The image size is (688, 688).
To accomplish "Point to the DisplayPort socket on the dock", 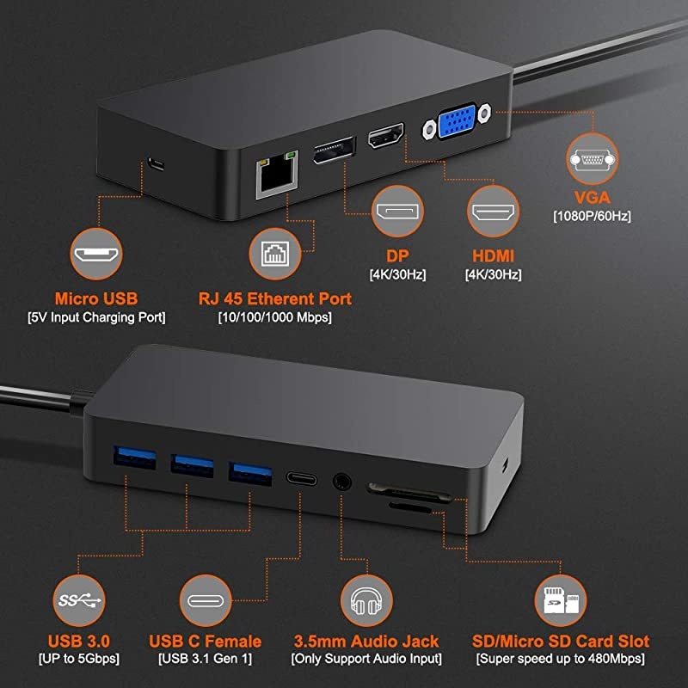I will tap(334, 150).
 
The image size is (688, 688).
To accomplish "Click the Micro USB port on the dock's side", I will tap(155, 163).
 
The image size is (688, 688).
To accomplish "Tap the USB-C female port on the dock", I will tap(301, 480).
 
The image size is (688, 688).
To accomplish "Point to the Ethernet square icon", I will tap(273, 255).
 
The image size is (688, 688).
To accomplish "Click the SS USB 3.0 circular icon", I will tap(80, 599).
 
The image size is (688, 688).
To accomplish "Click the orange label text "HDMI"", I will tap(494, 256).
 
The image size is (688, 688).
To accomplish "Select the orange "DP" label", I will tap(397, 256).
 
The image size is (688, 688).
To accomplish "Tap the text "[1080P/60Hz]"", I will tap(591, 215).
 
